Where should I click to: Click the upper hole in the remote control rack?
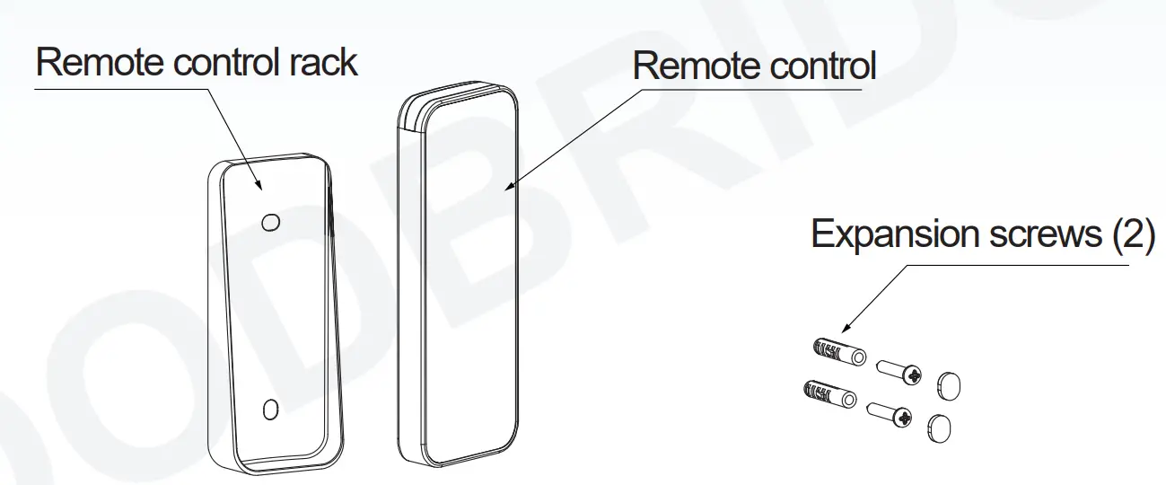point(269,221)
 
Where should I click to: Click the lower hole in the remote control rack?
point(268,410)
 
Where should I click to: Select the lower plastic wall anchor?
point(823,392)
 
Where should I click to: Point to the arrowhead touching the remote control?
point(510,186)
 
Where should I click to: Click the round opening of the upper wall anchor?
point(859,357)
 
